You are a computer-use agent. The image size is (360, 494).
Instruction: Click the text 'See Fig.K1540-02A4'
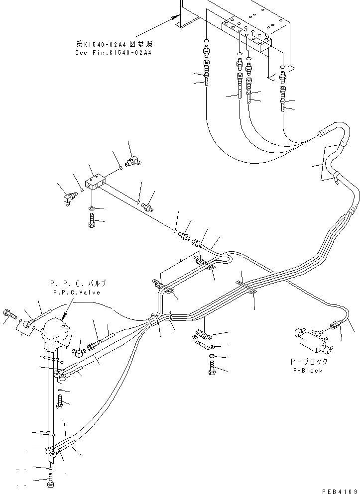tap(113, 52)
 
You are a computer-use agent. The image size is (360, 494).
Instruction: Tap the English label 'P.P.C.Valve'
tap(78, 293)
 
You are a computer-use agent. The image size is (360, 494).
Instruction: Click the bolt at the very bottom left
tap(51, 482)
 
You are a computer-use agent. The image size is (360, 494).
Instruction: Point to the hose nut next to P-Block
tap(334, 326)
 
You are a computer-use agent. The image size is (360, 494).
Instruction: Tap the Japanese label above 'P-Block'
tap(308, 362)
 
